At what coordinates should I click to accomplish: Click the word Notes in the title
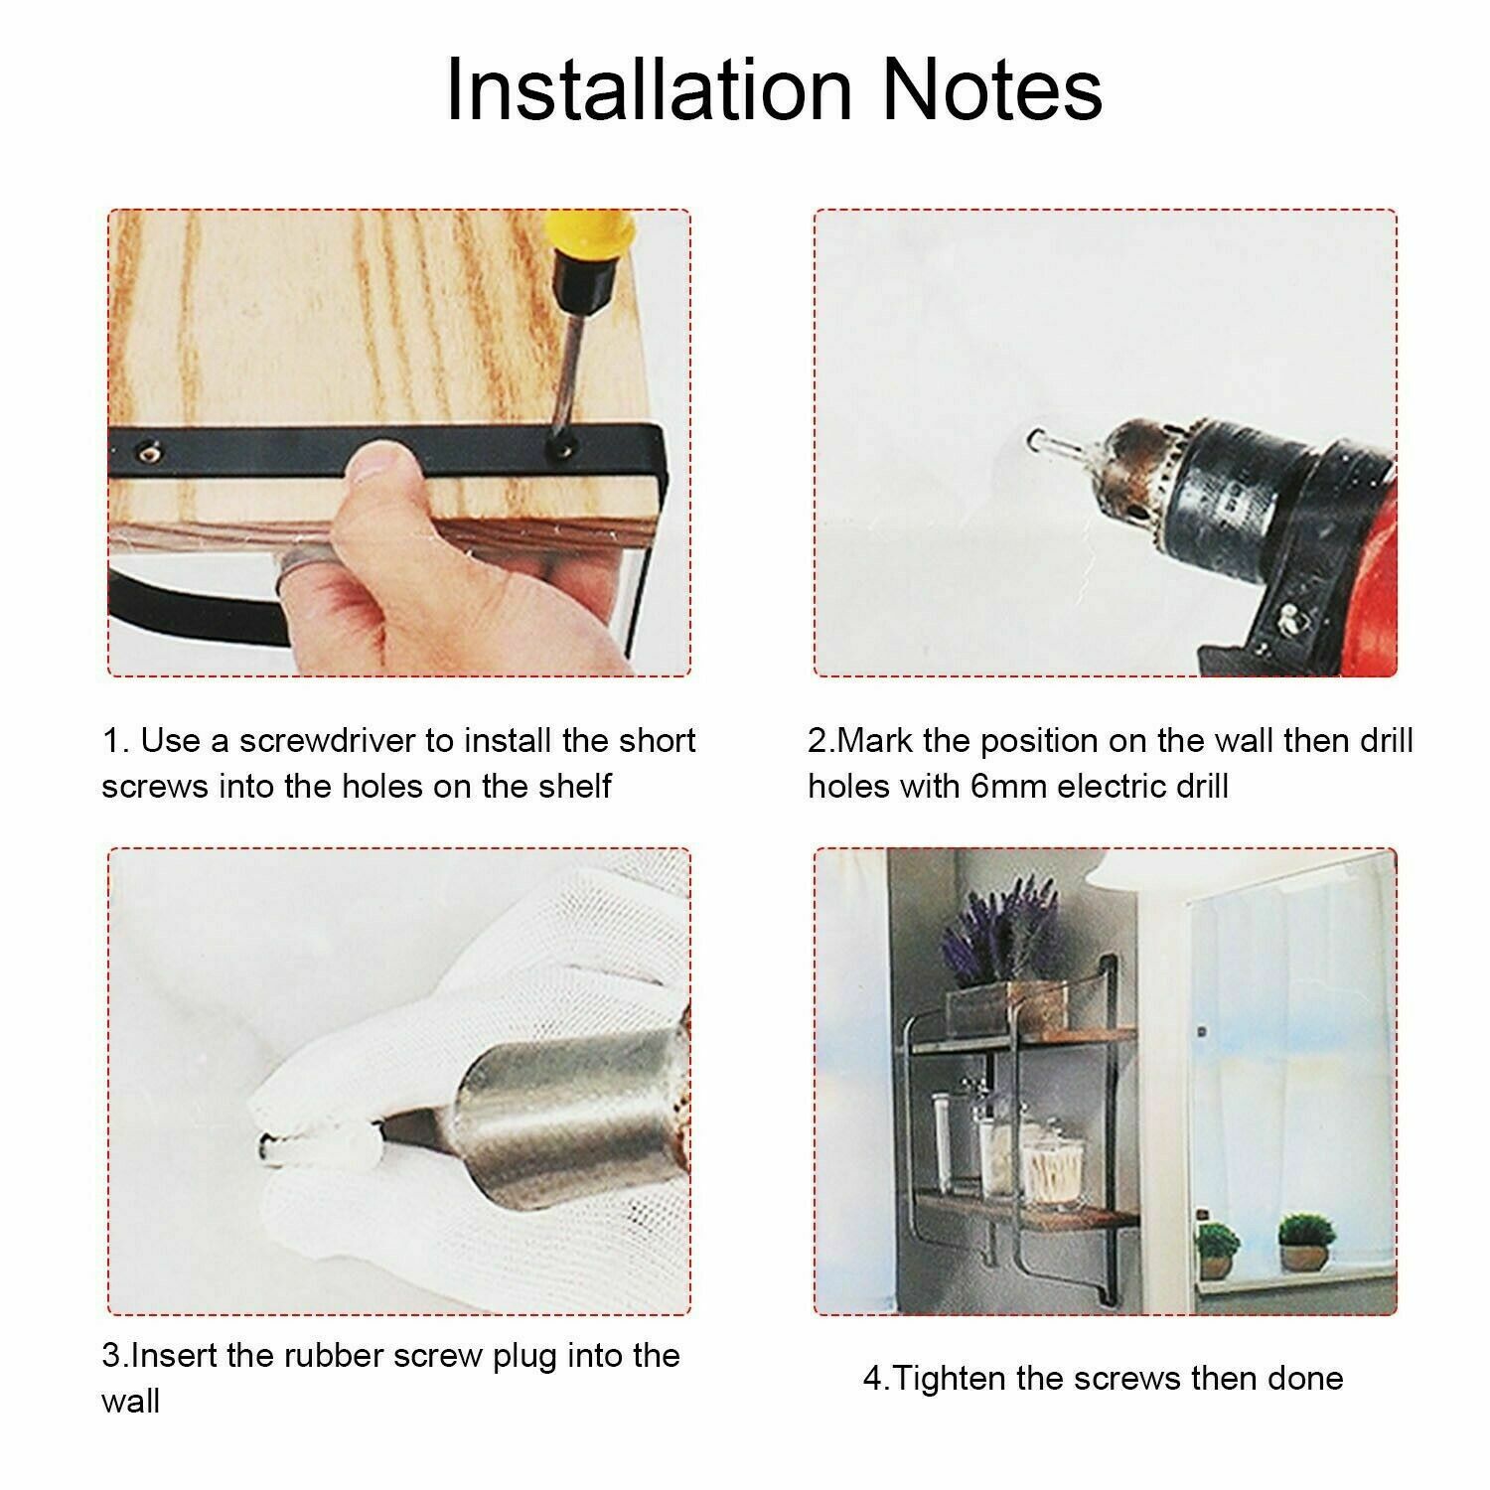coord(991,89)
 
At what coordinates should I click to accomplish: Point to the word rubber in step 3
coord(328,1356)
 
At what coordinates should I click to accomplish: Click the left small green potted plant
coord(1218,1250)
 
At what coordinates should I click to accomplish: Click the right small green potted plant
coord(1303,1240)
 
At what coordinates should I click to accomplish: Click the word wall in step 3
coord(130,1402)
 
